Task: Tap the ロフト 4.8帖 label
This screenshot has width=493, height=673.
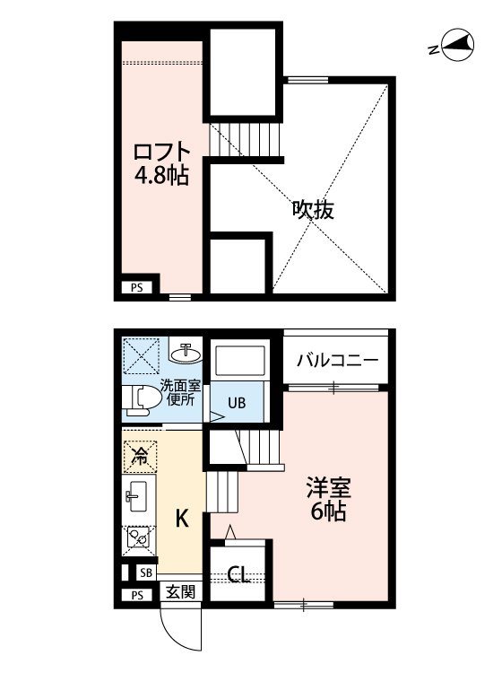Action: point(161,163)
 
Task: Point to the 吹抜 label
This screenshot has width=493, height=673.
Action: point(313,210)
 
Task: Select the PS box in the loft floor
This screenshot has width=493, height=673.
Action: point(137,288)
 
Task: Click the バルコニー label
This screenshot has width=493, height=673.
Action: point(338,360)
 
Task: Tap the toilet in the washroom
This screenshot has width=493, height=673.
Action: point(140,400)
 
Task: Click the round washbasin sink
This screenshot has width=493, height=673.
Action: point(186,354)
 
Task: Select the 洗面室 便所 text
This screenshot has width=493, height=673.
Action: point(180,392)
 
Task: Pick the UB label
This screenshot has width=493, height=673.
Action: point(237,403)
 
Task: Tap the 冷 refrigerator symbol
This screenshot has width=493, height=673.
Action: point(140,456)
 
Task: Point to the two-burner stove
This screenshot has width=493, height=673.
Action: point(138,538)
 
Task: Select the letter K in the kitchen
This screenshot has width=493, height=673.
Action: point(182,519)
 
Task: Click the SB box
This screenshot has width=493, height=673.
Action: point(146,572)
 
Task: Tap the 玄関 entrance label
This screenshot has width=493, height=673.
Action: point(180,592)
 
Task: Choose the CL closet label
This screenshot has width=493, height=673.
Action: point(238,574)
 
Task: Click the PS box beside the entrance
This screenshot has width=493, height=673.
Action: point(137,595)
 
